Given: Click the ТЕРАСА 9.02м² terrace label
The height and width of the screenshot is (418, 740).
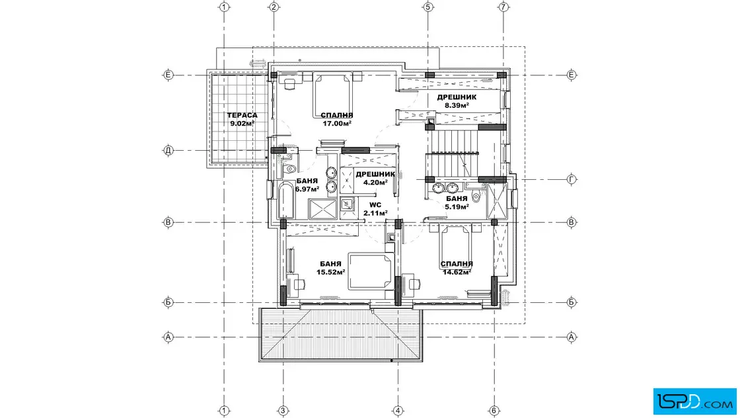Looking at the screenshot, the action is click(x=242, y=120).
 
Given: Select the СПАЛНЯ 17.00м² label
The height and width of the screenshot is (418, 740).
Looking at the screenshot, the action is click(x=337, y=120).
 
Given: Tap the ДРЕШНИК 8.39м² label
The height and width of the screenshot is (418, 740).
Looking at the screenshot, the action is click(x=457, y=101).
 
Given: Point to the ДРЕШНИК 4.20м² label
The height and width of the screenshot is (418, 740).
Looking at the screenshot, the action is click(x=375, y=178).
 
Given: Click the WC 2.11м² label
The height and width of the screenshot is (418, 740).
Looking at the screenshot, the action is click(x=375, y=209).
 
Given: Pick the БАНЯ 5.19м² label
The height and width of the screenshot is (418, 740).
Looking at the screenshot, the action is click(x=457, y=203).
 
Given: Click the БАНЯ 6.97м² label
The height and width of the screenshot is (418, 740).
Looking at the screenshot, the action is click(x=307, y=185).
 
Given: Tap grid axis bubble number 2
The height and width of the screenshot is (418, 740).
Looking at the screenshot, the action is click(x=274, y=7).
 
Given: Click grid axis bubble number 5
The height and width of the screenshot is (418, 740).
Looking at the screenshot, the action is click(x=428, y=7).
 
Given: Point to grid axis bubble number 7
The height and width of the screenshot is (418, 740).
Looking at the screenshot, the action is click(x=503, y=7).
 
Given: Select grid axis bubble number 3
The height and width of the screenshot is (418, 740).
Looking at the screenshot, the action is click(x=283, y=411).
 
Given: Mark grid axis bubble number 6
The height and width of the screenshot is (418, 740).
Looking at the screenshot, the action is click(x=494, y=411).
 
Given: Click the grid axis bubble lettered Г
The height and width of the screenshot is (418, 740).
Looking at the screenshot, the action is click(x=572, y=179).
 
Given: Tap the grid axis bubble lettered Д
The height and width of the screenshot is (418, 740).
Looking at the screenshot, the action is click(x=168, y=151).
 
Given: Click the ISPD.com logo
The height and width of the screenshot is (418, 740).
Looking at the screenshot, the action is click(x=694, y=401).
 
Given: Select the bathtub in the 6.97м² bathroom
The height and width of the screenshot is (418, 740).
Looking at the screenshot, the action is click(x=287, y=200).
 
